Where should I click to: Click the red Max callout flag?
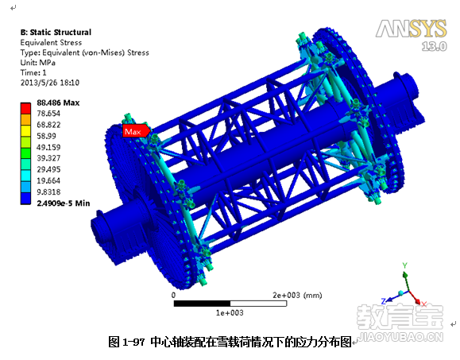[x=137, y=131]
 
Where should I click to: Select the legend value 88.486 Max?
[x=58, y=103]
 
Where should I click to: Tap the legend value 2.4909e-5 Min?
[x=64, y=203]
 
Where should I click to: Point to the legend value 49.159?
[x=48, y=147]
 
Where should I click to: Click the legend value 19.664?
[x=48, y=180]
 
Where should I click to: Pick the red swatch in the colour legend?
[x=25, y=108]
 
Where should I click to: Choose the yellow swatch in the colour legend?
[x=25, y=130]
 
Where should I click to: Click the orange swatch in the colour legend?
[x=25, y=119]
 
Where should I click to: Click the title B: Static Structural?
[x=56, y=33]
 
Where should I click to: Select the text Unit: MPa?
[x=38, y=63]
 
